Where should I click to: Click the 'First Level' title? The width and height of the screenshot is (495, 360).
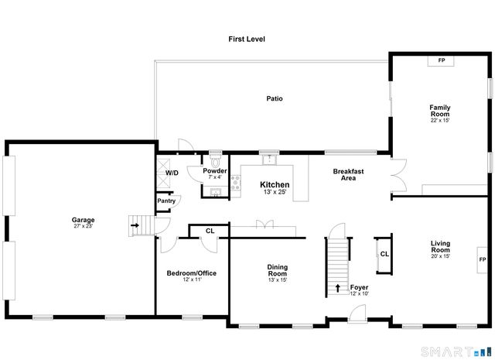pyautogui.click(x=247, y=38)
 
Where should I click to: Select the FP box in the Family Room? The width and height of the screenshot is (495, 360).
pyautogui.click(x=442, y=60)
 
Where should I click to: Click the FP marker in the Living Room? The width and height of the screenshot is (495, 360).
pyautogui.click(x=482, y=259)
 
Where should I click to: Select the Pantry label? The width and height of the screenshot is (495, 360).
pyautogui.click(x=166, y=201)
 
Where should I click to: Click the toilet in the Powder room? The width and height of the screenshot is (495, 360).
pyautogui.click(x=215, y=162)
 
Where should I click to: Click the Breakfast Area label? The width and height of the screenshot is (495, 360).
pyautogui.click(x=348, y=174)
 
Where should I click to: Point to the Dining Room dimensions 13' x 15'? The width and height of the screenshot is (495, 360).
pyautogui.click(x=278, y=279)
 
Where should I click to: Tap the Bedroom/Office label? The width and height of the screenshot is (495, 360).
pyautogui.click(x=192, y=273)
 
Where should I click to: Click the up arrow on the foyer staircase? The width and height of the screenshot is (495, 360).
pyautogui.click(x=337, y=289)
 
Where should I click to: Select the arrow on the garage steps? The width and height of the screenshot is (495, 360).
pyautogui.click(x=135, y=226)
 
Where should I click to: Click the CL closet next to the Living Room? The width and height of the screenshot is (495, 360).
pyautogui.click(x=384, y=254)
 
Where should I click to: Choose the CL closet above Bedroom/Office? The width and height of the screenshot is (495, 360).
pyautogui.click(x=210, y=230)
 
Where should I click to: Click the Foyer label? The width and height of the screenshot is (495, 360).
pyautogui.click(x=359, y=287)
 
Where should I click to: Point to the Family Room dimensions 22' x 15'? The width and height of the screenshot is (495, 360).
pyautogui.click(x=440, y=120)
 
